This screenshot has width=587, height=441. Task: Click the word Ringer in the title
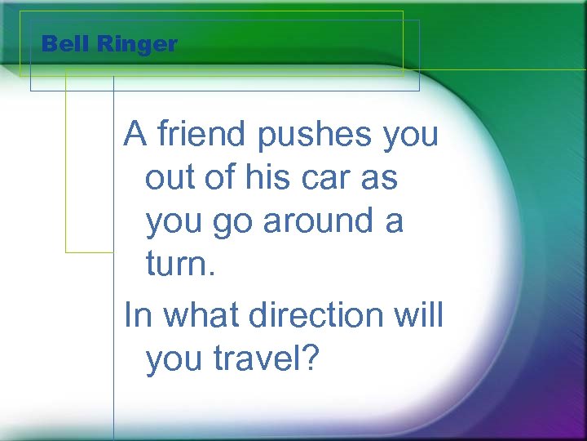point(136,45)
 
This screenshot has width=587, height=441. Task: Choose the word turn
point(176,264)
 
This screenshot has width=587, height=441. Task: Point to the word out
point(170,178)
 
